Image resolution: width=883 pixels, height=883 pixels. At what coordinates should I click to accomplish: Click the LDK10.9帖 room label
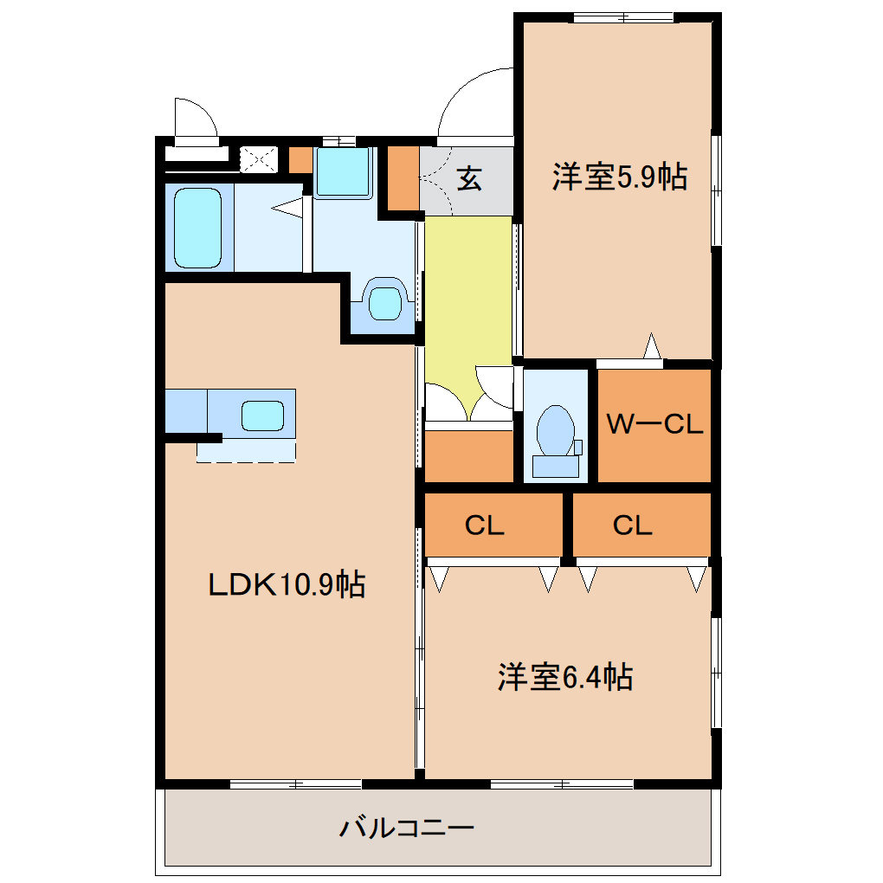tap(287, 584)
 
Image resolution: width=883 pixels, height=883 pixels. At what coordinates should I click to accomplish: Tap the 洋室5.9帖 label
tap(620, 177)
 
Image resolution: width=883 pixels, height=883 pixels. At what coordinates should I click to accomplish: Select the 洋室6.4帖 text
tap(564, 676)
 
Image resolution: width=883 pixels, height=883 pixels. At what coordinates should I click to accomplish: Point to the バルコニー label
tap(407, 828)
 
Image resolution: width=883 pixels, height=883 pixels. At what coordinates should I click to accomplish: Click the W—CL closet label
tap(654, 424)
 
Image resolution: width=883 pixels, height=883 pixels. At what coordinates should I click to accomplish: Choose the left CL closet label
tap(484, 525)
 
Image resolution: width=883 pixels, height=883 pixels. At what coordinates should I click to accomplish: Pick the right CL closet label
tap(633, 525)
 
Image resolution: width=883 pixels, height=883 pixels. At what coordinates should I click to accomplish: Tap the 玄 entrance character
tap(468, 179)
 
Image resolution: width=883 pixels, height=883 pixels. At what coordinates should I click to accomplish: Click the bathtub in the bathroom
tap(197, 228)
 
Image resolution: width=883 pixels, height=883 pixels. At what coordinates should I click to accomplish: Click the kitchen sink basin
tap(262, 416)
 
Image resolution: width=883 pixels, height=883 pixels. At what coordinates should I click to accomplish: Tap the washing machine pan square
tap(343, 171)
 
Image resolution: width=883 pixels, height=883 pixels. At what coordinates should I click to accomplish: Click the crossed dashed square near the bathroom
tap(259, 160)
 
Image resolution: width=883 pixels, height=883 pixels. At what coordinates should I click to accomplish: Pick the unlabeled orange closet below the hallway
tap(468, 456)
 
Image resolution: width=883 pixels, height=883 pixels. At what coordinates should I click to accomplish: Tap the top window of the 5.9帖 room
tap(624, 17)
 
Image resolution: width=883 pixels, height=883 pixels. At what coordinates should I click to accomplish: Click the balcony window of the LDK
tap(296, 783)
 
